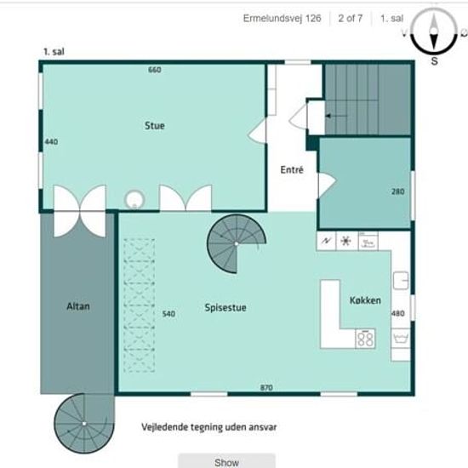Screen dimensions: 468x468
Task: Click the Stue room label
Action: [155, 126]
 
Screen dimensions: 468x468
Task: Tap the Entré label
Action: [292, 170]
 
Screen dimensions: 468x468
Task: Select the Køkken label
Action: [365, 300]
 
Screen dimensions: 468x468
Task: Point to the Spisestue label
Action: [225, 308]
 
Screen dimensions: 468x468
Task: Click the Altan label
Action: [78, 306]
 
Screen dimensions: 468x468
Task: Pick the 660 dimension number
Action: [155, 70]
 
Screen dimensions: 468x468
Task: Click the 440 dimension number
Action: [51, 142]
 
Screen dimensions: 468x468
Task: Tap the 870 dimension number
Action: [266, 388]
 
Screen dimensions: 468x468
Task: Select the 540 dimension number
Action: [168, 314]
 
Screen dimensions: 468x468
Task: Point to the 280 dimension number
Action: [398, 191]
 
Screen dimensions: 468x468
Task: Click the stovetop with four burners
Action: [365, 339]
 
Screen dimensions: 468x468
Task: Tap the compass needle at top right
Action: [434, 31]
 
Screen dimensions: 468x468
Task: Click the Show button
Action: [227, 461]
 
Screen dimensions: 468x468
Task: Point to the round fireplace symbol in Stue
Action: [134, 199]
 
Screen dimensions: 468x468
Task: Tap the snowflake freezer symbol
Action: [346, 241]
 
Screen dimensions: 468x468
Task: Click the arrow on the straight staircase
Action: [336, 116]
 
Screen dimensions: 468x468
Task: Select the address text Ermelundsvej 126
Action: [282, 19]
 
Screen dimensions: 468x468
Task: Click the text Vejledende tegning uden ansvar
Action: [209, 427]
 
